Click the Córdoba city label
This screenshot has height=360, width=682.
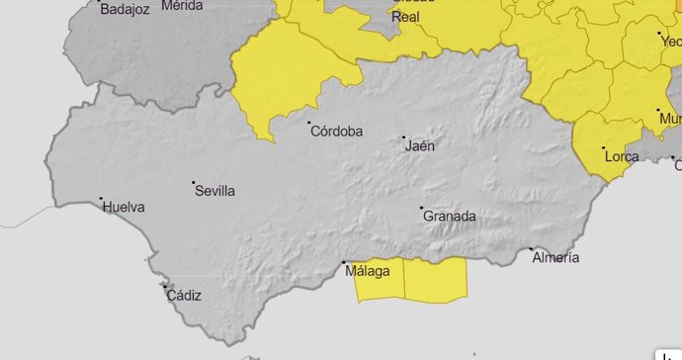[x=336, y=132]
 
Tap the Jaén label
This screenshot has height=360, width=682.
[x=420, y=146]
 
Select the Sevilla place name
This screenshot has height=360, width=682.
[x=215, y=191]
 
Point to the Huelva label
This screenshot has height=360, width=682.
[x=124, y=208]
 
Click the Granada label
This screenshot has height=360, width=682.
[x=450, y=217]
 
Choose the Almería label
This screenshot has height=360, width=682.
[x=555, y=258]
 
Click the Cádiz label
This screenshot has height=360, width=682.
[x=184, y=295]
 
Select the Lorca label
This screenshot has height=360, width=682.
[x=622, y=157]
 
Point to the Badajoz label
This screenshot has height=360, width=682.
[x=125, y=9]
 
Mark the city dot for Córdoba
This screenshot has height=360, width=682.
[x=308, y=123]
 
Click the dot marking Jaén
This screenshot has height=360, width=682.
[x=403, y=137]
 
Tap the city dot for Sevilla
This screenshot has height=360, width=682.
[x=194, y=183]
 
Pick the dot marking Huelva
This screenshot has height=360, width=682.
[x=102, y=198]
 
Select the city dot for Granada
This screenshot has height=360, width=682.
[x=422, y=208]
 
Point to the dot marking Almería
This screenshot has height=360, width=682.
[x=531, y=248]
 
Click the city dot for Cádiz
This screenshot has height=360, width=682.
[x=163, y=286]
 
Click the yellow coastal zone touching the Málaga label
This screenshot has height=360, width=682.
[x=381, y=288]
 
